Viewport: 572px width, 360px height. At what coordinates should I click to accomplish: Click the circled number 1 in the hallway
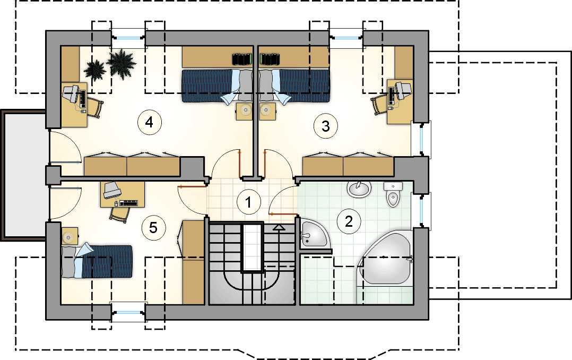tap(249, 202)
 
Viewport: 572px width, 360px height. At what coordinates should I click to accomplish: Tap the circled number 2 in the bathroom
tap(349, 221)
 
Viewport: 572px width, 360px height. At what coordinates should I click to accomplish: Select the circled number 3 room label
tap(325, 126)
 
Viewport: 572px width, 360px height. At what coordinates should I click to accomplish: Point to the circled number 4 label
tap(149, 122)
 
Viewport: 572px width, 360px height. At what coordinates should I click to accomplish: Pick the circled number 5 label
tap(153, 228)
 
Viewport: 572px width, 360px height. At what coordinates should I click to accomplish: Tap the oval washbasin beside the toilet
tap(359, 189)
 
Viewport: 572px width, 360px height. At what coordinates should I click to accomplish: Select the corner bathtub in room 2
tap(386, 258)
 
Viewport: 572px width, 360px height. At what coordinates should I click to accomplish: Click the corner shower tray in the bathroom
tap(315, 234)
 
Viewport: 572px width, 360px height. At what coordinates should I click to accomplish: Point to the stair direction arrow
tap(279, 227)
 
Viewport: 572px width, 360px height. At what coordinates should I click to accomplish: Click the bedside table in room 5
tap(70, 236)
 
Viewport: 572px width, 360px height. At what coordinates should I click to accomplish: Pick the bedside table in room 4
tap(245, 112)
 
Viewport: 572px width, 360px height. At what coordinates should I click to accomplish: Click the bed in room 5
tap(97, 261)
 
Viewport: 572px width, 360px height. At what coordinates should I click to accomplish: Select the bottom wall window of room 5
tap(128, 313)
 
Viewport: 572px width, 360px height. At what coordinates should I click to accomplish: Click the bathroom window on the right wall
tap(422, 211)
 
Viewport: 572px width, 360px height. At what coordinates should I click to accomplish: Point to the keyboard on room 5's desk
tap(129, 203)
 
